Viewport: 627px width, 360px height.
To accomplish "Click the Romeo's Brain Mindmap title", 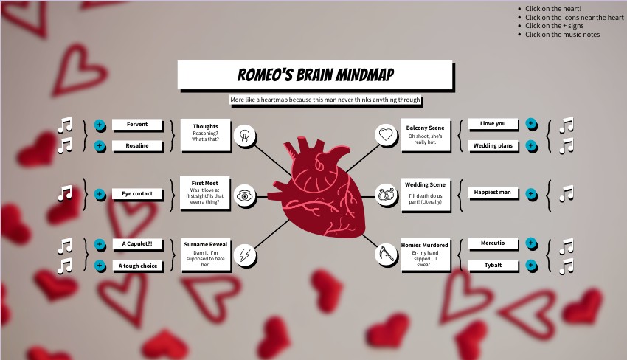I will (x=315, y=75).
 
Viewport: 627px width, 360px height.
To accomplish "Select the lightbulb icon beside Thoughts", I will (x=245, y=135).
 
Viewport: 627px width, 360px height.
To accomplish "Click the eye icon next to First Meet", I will (x=245, y=195).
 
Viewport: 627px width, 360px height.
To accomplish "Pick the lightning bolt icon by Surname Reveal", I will (x=245, y=255).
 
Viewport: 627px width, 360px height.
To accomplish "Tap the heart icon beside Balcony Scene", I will (x=386, y=134).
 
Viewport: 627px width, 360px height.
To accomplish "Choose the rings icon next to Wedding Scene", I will (x=386, y=195).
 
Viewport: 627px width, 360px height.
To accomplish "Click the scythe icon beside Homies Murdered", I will (x=386, y=255).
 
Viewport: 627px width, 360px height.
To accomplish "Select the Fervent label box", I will (x=136, y=125).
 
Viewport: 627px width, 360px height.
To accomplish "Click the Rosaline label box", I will (x=136, y=145).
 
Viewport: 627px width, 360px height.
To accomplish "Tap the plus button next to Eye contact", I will (x=100, y=195).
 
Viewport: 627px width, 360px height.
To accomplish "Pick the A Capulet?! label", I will (x=137, y=244).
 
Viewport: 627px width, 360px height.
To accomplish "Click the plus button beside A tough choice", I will (x=100, y=266).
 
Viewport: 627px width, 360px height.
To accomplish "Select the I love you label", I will (x=493, y=124).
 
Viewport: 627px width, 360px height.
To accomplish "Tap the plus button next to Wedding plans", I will (x=531, y=145).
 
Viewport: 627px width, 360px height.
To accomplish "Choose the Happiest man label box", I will (x=493, y=193).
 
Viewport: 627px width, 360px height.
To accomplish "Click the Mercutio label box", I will (x=493, y=243).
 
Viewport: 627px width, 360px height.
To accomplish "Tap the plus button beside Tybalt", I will (x=531, y=265).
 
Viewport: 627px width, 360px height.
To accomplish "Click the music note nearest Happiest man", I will (x=567, y=193).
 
